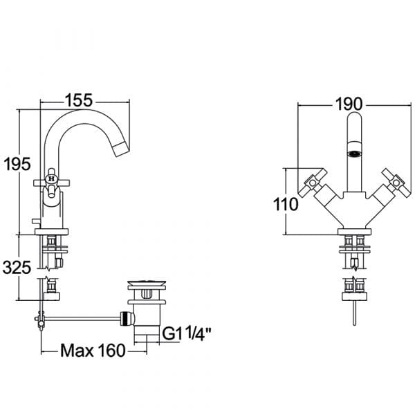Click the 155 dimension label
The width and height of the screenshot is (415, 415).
pos(79,100)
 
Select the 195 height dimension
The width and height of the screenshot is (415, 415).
pos(17,164)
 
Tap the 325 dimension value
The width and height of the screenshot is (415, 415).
pos(17,268)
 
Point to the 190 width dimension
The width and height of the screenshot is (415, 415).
pos(349,104)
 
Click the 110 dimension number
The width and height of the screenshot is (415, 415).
pos(286,205)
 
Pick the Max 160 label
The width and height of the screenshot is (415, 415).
pos(93,351)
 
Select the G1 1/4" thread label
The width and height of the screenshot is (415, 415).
pos(186,333)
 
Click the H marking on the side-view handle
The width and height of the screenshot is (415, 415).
pos(52,179)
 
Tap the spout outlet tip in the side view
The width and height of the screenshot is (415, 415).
pos(123,150)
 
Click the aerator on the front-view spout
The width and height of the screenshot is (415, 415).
pos(354,154)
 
